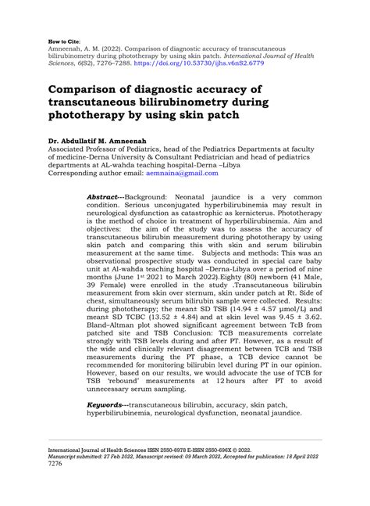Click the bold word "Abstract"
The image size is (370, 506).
click(103, 191)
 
